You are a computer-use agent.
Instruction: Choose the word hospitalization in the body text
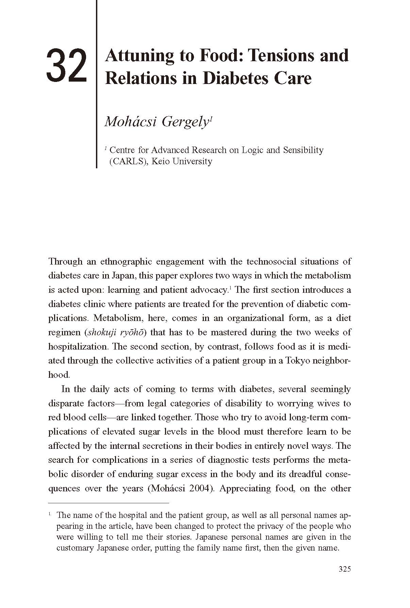tap(78, 347)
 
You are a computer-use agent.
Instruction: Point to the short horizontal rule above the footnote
tap(109, 503)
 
